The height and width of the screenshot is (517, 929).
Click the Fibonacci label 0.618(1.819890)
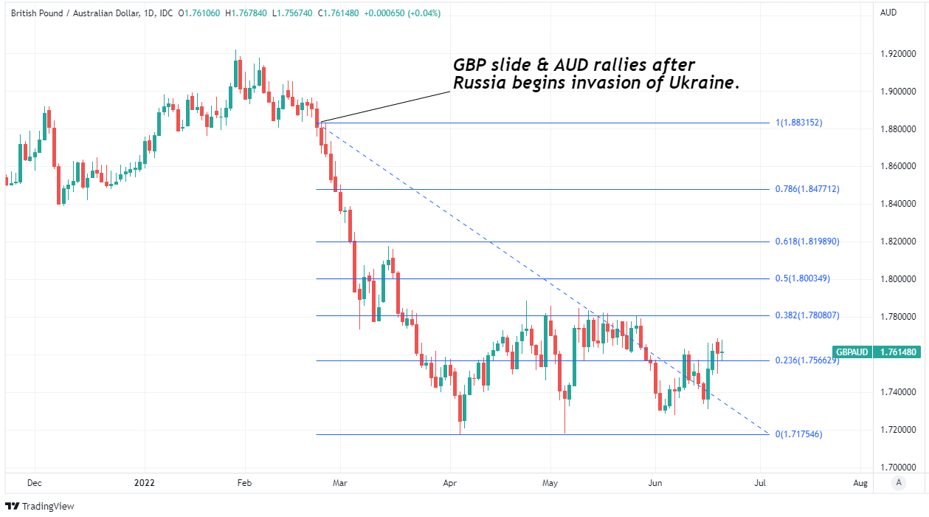(x=808, y=242)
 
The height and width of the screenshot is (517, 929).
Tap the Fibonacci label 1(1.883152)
(x=798, y=123)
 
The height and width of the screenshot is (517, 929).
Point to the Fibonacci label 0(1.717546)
(x=798, y=434)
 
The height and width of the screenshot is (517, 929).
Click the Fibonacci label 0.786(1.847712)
(x=808, y=189)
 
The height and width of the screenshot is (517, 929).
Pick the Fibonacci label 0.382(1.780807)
(x=808, y=315)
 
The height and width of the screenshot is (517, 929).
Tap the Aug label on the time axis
(x=860, y=483)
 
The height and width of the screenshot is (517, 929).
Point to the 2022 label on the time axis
(x=144, y=483)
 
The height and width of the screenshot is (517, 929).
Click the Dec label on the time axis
(x=34, y=483)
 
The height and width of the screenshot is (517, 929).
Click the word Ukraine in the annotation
(x=707, y=83)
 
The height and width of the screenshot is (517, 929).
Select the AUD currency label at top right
(x=888, y=13)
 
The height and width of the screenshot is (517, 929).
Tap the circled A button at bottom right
(x=898, y=483)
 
